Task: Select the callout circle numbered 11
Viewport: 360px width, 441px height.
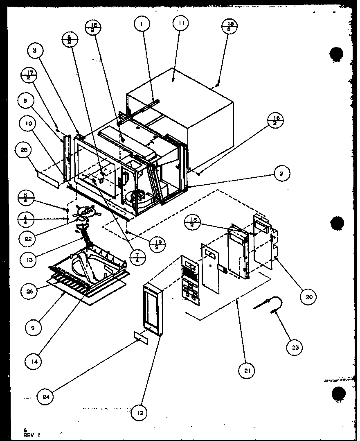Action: click(x=180, y=24)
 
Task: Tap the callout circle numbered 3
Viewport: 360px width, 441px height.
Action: click(x=35, y=51)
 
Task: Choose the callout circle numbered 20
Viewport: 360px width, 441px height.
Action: click(x=308, y=297)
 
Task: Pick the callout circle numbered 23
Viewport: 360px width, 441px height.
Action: click(x=295, y=348)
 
